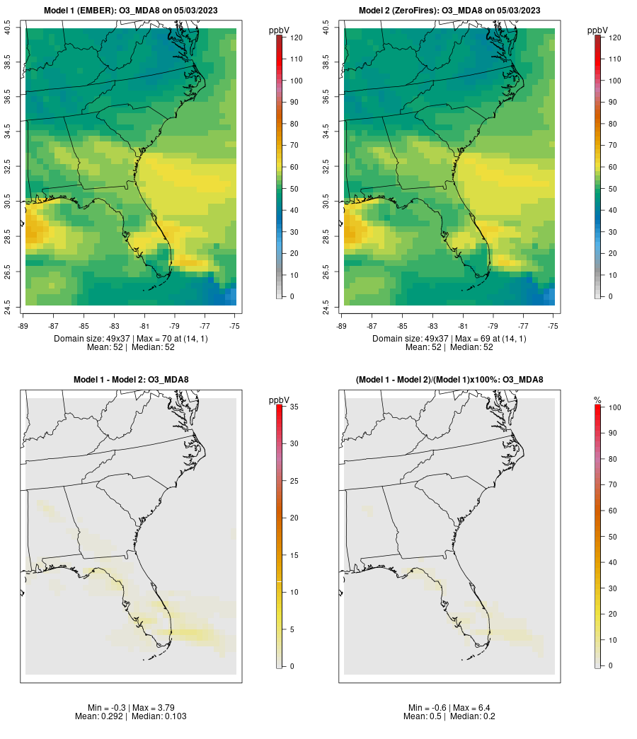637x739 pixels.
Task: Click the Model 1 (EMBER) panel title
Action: [131, 10]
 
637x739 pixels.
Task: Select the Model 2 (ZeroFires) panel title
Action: [449, 10]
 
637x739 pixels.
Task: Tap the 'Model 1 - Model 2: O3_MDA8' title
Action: [131, 380]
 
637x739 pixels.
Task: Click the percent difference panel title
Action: [449, 380]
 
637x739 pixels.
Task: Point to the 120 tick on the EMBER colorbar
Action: [292, 37]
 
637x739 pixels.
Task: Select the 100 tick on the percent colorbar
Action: [610, 407]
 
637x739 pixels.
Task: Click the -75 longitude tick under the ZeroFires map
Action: [553, 326]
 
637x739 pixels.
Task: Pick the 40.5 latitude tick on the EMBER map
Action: [8, 28]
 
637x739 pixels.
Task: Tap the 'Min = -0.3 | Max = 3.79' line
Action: [131, 708]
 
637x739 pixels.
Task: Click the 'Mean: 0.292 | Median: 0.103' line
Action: [131, 716]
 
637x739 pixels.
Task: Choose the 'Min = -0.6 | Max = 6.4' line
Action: [449, 708]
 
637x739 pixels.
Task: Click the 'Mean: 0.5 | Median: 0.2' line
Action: [449, 716]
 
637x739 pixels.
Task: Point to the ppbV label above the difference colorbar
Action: [280, 400]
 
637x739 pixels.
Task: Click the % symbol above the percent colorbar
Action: [597, 400]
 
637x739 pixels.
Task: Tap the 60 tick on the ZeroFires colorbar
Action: [609, 167]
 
